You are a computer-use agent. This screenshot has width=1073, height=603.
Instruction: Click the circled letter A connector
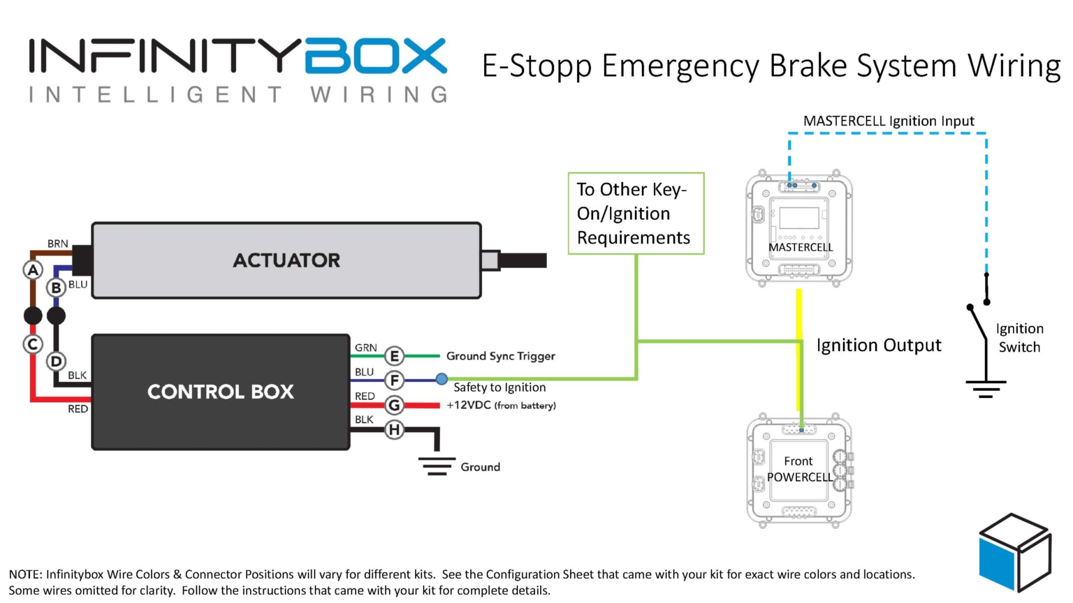tap(33, 269)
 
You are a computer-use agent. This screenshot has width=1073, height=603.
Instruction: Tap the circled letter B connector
tap(56, 287)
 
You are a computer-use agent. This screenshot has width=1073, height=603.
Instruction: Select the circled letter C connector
tap(33, 344)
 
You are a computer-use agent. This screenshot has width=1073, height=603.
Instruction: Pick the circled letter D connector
tap(56, 362)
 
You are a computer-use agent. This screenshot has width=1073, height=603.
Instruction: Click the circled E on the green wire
tap(395, 356)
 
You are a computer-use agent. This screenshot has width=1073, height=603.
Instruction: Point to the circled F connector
tap(395, 380)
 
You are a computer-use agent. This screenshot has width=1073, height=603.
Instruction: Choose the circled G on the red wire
tap(395, 405)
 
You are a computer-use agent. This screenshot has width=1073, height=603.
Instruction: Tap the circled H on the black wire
tap(395, 429)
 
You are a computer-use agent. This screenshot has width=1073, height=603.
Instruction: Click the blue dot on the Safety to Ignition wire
tap(441, 379)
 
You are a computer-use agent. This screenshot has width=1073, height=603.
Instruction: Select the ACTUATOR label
tap(286, 260)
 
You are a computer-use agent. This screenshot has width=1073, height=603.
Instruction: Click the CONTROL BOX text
tap(221, 392)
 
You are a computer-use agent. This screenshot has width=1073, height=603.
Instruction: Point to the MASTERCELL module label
tap(801, 247)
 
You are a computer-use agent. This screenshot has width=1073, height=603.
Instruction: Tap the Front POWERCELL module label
tap(799, 469)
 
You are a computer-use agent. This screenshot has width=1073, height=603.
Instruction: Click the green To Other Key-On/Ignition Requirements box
tap(636, 214)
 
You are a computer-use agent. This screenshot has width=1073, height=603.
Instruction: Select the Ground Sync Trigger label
tap(500, 356)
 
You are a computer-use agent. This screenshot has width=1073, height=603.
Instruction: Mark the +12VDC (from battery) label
tap(501, 405)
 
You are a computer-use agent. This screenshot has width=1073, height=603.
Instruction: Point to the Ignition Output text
tap(879, 345)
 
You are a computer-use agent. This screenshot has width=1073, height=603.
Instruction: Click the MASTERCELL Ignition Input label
tap(889, 121)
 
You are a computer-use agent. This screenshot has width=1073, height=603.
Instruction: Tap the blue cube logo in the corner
tap(1014, 551)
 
